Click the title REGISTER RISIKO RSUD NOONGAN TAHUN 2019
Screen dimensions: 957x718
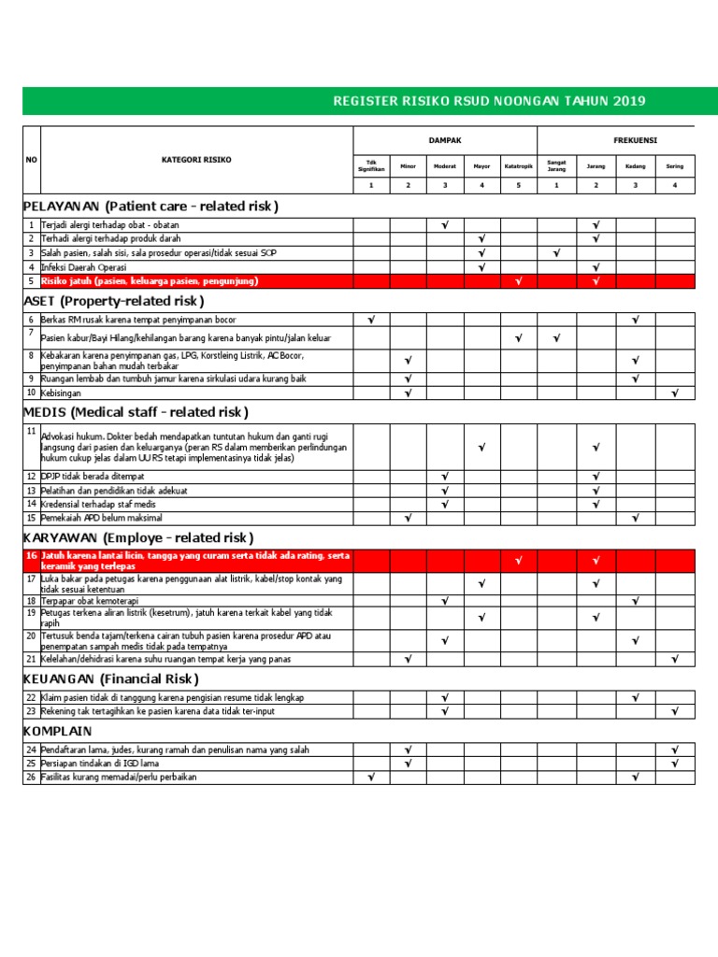click(x=488, y=101)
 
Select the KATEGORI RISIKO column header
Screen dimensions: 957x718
click(x=195, y=160)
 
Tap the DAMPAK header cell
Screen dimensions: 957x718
click(x=445, y=140)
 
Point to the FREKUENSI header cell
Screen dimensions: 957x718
click(x=635, y=140)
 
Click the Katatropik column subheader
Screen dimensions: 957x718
click(x=519, y=166)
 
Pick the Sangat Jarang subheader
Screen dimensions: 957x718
click(x=556, y=166)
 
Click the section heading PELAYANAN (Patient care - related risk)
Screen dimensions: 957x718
click(x=151, y=206)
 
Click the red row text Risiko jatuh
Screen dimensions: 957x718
click(x=150, y=280)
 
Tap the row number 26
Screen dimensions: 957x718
click(x=31, y=777)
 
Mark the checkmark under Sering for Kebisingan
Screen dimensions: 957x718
click(x=674, y=393)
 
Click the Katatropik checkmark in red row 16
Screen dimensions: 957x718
click(x=519, y=561)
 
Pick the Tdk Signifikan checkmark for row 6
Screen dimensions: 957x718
click(x=371, y=320)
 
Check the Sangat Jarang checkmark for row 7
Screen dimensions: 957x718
click(x=556, y=338)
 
